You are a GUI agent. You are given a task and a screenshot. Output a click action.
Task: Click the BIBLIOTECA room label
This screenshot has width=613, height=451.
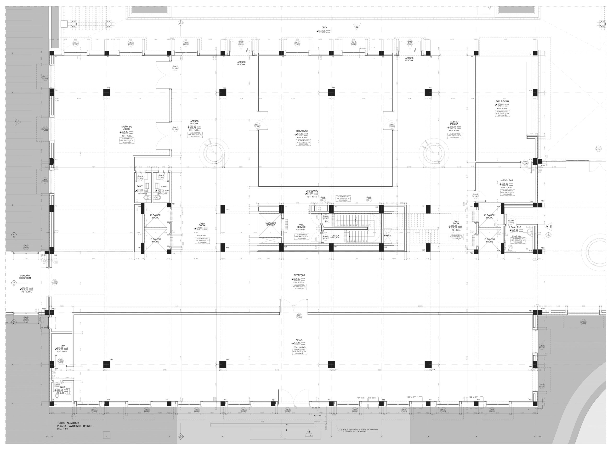pos(302,131)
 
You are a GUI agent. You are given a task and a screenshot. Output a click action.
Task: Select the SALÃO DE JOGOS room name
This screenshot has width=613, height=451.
pos(126,128)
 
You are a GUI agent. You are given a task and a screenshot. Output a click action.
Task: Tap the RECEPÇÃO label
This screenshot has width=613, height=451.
pos(299,275)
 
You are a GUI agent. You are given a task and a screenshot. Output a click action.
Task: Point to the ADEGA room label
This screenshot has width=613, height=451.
pos(299,340)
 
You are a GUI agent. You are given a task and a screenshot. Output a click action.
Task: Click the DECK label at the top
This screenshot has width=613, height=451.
pos(324,28)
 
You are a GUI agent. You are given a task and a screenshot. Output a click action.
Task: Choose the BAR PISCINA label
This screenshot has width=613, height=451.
pos(502,101)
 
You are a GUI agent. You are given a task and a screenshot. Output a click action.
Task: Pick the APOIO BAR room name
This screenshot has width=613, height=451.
pos(507,180)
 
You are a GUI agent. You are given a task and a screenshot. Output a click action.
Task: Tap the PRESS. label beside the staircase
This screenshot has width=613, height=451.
pos(388,236)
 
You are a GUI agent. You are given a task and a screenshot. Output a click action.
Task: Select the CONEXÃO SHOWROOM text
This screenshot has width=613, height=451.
pos(25,277)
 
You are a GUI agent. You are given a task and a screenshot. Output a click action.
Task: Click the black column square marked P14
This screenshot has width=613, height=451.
pos(331,93)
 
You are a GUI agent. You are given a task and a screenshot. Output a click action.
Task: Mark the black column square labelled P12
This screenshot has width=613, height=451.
pos(107,93)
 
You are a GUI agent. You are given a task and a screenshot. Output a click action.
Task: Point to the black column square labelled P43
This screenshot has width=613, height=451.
pos(223,364)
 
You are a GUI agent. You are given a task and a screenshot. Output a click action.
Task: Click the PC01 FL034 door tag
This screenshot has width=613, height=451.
pos(55,282)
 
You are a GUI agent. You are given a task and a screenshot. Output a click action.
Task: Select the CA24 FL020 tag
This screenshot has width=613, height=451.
pos(598,149)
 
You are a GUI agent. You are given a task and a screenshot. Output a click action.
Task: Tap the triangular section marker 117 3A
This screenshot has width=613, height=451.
pos(357,26)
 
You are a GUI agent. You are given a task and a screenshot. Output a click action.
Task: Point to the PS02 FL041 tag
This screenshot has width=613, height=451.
pos(369,199)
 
